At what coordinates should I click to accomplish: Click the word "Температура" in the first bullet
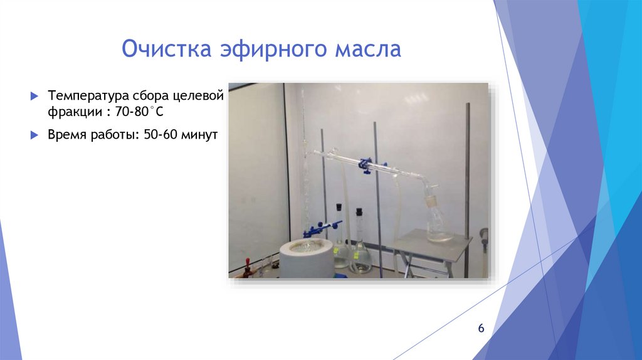87,97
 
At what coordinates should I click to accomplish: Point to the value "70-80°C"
149,111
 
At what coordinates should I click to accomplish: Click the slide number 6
481,329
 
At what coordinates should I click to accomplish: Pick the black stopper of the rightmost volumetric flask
359,213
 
